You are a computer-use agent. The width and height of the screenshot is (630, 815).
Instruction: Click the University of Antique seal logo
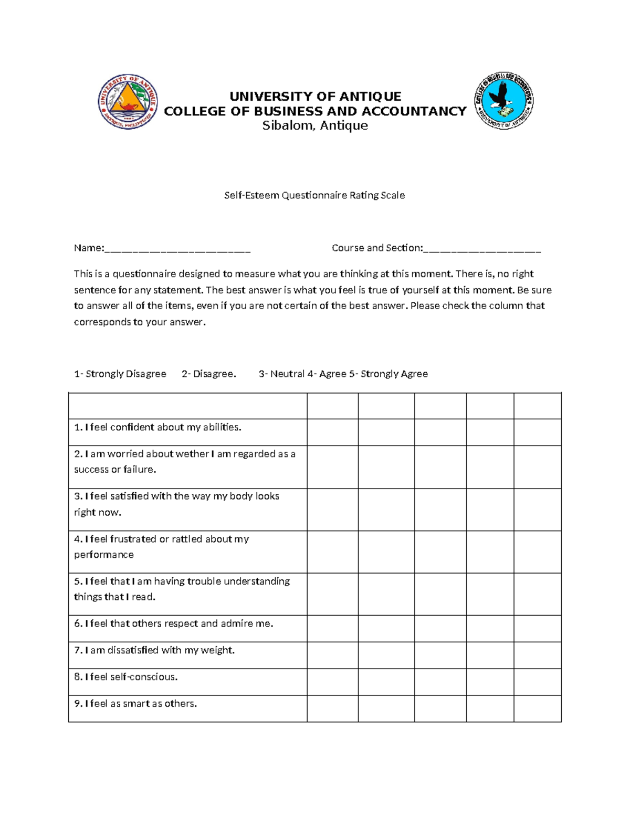(x=128, y=102)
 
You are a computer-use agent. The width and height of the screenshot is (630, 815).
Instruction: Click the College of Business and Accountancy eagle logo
(x=503, y=101)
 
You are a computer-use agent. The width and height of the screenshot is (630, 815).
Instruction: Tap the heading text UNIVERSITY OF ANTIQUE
(x=315, y=96)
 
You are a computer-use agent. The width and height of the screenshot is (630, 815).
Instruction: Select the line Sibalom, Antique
(x=315, y=125)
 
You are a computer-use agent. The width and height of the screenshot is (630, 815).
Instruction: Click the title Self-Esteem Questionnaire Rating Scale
(x=314, y=195)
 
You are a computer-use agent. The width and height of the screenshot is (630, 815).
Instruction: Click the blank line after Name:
(x=177, y=249)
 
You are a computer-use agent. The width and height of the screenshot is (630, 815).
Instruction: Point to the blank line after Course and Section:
(x=481, y=249)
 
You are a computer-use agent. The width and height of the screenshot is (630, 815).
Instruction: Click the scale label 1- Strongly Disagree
(x=120, y=374)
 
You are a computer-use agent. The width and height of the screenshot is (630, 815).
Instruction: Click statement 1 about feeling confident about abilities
(x=157, y=427)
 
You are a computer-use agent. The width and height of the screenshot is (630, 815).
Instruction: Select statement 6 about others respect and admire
(x=173, y=623)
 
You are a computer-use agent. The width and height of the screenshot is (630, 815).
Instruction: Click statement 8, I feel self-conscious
(x=126, y=677)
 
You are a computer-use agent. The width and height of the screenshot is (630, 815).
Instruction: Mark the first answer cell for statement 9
(x=332, y=708)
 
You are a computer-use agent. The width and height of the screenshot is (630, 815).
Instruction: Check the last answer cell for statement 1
(x=537, y=432)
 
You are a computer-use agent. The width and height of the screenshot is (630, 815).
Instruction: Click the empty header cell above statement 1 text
(x=187, y=406)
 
